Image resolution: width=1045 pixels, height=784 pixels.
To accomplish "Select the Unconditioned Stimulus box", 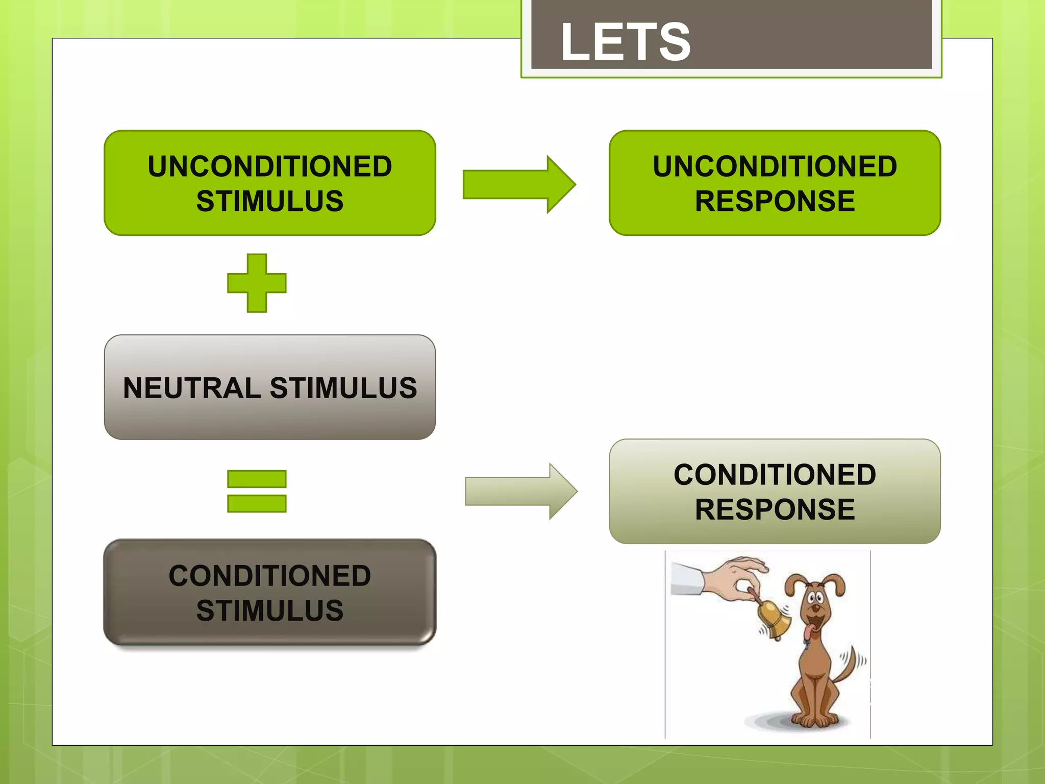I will [269, 183].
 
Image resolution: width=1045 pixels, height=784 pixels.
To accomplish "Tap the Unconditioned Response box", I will [774, 183].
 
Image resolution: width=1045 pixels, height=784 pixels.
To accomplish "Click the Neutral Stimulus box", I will [269, 387].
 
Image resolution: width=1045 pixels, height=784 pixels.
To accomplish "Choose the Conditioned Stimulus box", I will [269, 592].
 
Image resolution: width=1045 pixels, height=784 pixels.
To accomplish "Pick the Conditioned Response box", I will [774, 491].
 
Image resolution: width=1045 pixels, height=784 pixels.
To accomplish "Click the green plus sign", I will [257, 283].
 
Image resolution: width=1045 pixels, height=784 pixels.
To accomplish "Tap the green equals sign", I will [257, 491].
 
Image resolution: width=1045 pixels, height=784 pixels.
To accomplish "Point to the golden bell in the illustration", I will [774, 619].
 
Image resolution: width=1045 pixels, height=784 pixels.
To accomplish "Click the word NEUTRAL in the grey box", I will [192, 388].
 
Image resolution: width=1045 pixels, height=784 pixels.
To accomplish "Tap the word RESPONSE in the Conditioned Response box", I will [774, 509].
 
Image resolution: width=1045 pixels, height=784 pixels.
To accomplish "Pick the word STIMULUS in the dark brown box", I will [269, 610].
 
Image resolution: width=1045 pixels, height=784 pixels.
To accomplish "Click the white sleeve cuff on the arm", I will [686, 579].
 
